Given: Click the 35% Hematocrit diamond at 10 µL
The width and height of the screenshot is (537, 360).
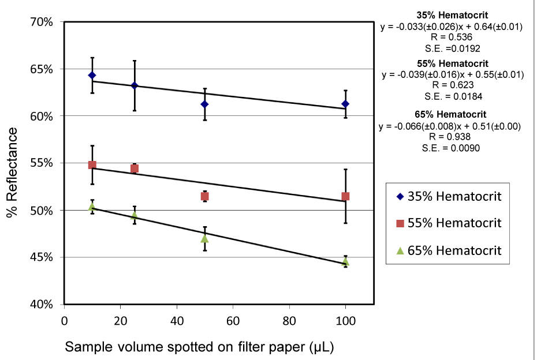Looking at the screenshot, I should [x=92, y=76].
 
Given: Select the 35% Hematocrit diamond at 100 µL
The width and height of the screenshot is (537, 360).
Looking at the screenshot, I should [x=345, y=104].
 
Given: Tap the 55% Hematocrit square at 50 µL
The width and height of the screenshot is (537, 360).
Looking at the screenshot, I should [x=204, y=197].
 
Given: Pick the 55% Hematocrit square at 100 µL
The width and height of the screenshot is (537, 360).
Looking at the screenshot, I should [x=345, y=197].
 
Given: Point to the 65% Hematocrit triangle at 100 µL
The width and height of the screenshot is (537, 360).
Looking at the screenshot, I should [x=345, y=261].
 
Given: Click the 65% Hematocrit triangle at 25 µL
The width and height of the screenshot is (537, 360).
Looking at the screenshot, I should [x=135, y=215].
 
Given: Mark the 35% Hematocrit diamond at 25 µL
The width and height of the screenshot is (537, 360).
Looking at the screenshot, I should [x=135, y=85].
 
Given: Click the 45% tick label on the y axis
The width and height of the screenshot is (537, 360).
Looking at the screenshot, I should [x=43, y=257].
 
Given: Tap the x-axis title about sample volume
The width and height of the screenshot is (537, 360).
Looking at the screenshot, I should [x=200, y=347].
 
